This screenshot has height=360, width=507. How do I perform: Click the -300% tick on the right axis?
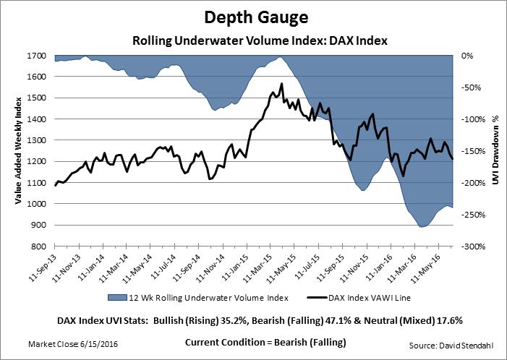pyautogui.click(x=473, y=247)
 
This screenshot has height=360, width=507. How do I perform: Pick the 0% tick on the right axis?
pyautogui.click(x=467, y=56)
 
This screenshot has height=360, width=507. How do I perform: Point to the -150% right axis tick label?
pyautogui.click(x=473, y=151)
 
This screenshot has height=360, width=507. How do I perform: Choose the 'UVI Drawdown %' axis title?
pyautogui.click(x=496, y=151)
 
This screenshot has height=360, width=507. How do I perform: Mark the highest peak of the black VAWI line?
pyautogui.click(x=281, y=84)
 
